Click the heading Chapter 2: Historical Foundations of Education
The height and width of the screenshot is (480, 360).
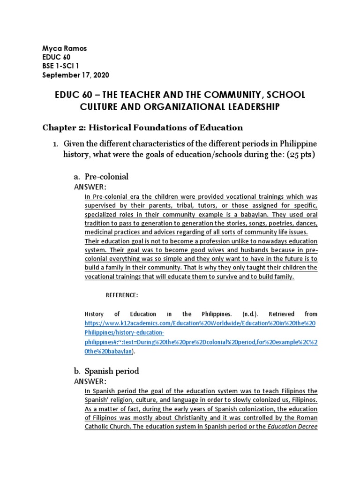[x=142, y=127]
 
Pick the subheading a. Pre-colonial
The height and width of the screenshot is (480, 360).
[x=101, y=177]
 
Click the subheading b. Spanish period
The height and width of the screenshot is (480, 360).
[x=106, y=371]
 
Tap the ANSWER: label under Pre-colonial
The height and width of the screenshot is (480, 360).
[x=90, y=187]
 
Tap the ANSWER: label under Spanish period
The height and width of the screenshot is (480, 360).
[x=90, y=382]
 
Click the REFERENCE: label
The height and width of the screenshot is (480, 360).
[x=122, y=295]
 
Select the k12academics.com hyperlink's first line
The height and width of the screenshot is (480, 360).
[x=201, y=323]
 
